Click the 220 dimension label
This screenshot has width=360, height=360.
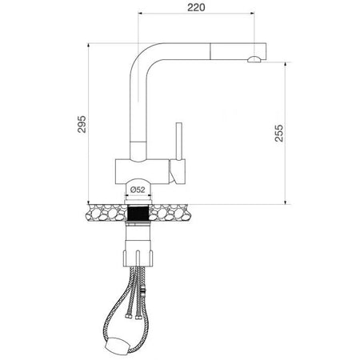click(196, 7)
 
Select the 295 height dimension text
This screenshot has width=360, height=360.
click(82, 124)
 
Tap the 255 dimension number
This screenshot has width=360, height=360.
click(279, 133)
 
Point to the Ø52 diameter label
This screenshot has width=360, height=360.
click(138, 190)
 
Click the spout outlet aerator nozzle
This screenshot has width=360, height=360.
click(254, 59)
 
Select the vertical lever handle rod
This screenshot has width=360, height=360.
click(179, 142)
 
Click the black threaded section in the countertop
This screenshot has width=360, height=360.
click(138, 213)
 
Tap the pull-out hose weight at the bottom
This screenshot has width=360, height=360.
click(118, 346)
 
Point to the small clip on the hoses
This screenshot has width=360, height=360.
click(144, 293)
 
